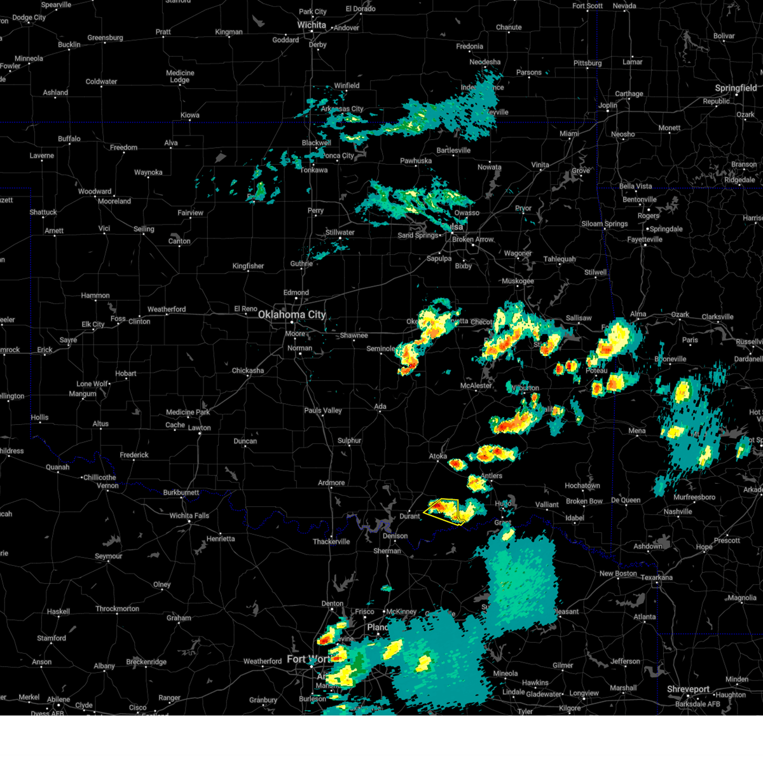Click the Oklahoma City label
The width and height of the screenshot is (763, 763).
point(291,315)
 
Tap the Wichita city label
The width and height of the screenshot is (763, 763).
point(312,25)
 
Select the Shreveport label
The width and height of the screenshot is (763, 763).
point(688,689)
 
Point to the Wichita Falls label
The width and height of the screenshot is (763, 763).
point(189,516)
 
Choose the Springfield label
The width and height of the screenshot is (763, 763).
point(736,88)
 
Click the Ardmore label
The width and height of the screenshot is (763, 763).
point(331,483)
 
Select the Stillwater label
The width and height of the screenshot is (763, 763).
point(340,233)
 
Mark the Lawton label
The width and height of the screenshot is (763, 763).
point(199,428)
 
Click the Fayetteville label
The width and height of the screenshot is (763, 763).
point(645,240)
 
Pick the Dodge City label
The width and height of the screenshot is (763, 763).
point(29,18)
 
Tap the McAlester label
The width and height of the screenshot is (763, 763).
point(476,386)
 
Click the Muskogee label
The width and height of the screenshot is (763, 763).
point(518,281)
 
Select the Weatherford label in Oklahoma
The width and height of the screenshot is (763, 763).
point(167,310)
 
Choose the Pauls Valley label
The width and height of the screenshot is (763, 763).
point(323,411)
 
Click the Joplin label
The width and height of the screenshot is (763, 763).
point(607,106)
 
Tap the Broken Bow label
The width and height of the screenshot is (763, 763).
point(585,501)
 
